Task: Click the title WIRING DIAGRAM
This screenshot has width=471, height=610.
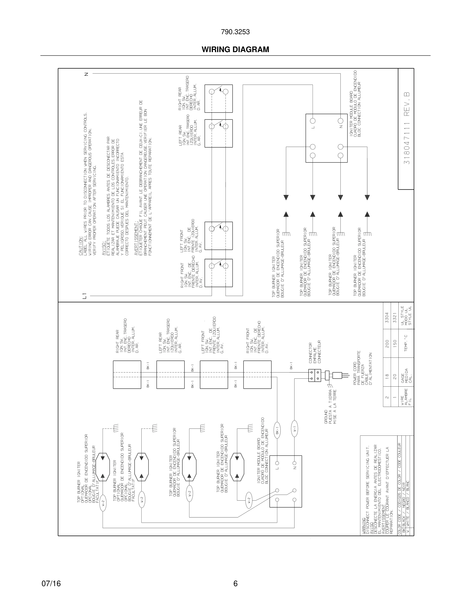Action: [235, 50]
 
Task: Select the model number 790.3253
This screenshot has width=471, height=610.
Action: [235, 32]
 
